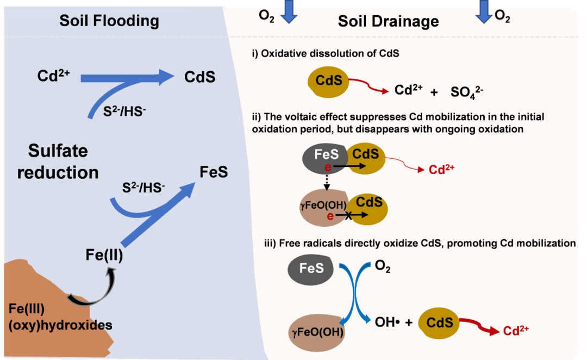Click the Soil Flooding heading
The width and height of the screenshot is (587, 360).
point(109,21)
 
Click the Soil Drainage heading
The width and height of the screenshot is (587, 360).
point(388,22)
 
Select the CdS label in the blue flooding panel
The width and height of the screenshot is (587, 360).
point(200,77)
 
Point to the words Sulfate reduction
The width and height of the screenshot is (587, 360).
point(58,162)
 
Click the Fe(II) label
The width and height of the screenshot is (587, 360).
point(104,255)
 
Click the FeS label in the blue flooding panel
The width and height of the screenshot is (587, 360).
point(214,172)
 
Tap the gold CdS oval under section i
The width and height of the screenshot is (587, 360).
point(329,81)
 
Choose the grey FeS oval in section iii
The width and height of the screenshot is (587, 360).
point(311,268)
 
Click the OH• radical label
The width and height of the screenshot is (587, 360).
point(388,322)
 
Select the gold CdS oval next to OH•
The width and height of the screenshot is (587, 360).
point(440,323)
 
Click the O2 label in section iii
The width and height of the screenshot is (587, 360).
point(383,268)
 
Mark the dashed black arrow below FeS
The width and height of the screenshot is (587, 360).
point(327,179)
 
